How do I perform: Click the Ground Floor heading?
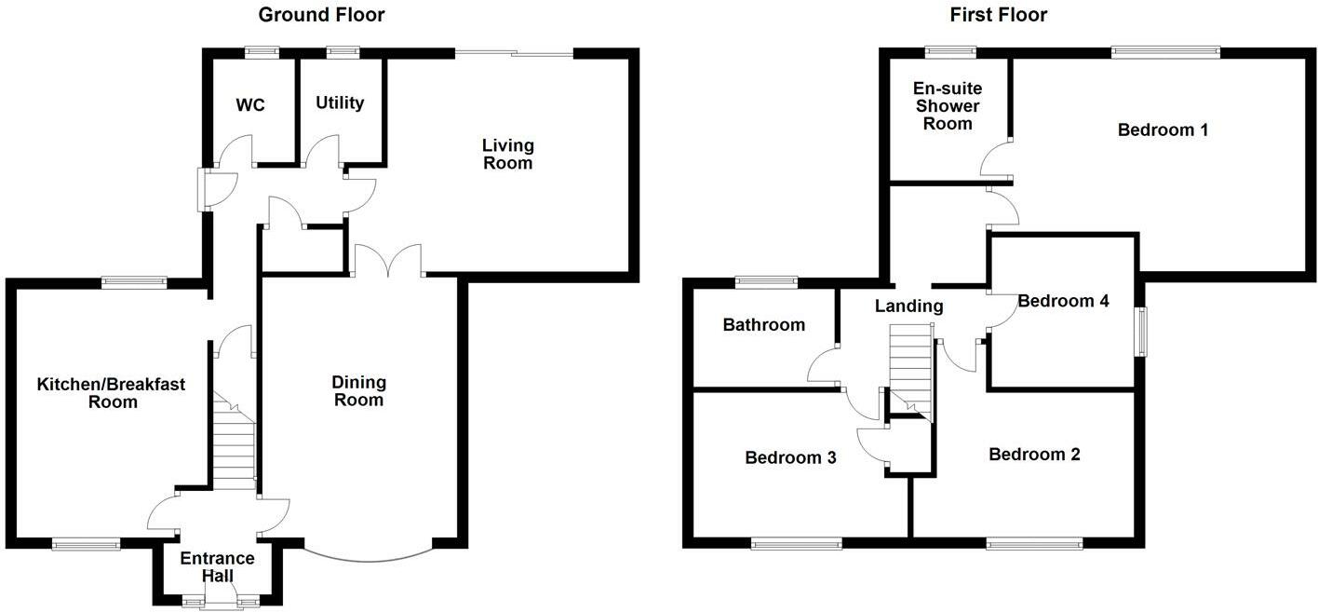[x=321, y=15]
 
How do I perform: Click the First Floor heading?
[x=999, y=15]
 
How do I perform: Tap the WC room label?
[x=250, y=105]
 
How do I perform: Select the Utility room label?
[x=340, y=102]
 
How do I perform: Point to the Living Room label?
[x=508, y=155]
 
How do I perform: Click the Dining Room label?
[x=359, y=391]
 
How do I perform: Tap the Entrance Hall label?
[x=217, y=567]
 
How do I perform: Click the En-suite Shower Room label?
[x=948, y=106]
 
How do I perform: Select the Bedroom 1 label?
[x=1163, y=130]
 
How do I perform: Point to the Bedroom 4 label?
[x=1063, y=301]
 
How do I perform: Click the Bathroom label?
[x=764, y=325]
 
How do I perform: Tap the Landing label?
[x=909, y=306]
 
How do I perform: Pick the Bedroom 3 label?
[x=790, y=458]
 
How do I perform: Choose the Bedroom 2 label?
[x=1034, y=455]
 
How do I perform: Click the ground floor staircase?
[x=235, y=442]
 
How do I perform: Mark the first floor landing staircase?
[x=911, y=369]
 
